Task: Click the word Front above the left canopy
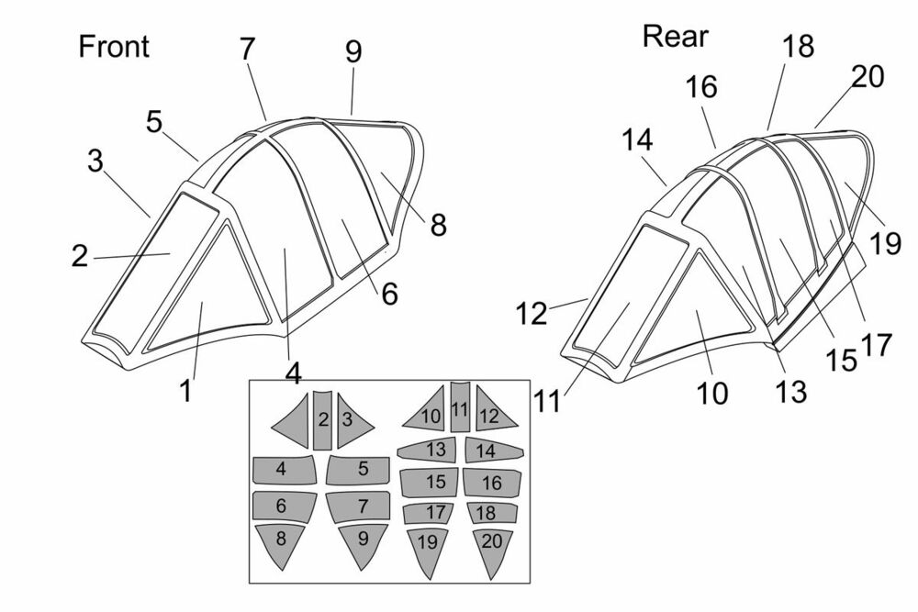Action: pyautogui.click(x=114, y=47)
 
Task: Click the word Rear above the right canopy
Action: pyautogui.click(x=676, y=37)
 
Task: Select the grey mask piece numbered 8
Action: pyautogui.click(x=281, y=544)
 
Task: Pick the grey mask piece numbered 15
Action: pyautogui.click(x=435, y=482)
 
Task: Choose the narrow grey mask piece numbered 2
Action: pyautogui.click(x=323, y=419)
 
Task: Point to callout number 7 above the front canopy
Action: pyautogui.click(x=247, y=50)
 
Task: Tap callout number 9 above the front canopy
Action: pyautogui.click(x=353, y=52)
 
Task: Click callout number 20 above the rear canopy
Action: pyautogui.click(x=866, y=77)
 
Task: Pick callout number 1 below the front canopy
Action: pyautogui.click(x=185, y=391)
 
